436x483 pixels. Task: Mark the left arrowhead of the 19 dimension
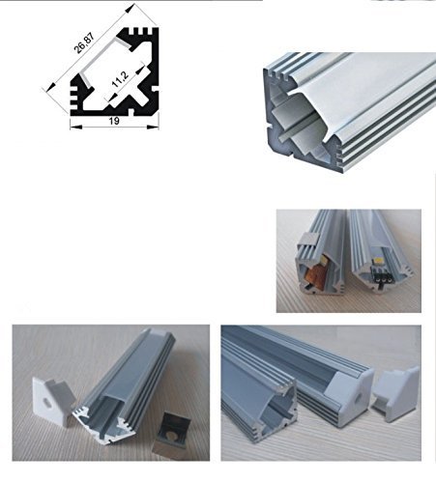click(x=74, y=124)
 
